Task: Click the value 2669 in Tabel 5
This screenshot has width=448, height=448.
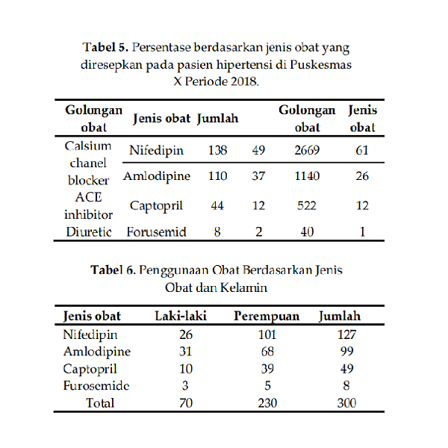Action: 307,151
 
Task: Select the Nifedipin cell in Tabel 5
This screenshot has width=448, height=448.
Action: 156,151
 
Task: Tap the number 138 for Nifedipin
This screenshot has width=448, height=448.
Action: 217,151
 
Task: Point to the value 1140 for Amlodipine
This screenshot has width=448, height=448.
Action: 307,177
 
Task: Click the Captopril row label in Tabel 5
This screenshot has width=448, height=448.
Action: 156,205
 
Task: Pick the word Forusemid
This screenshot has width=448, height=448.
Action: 155,231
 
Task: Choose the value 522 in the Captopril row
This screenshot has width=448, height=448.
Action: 307,205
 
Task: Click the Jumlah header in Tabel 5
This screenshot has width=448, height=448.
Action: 217,119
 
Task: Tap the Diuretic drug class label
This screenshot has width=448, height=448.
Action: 88,231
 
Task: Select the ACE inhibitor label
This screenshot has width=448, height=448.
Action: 88,205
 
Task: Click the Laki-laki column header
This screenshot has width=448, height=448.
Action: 180,316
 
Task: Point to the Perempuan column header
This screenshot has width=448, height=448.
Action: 267,317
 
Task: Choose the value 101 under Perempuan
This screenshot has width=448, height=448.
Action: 267,335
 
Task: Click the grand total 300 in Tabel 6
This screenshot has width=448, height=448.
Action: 345,403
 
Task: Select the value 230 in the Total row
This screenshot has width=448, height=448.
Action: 267,403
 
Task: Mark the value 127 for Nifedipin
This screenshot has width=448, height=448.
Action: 345,335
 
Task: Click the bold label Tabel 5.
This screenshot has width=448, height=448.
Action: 106,48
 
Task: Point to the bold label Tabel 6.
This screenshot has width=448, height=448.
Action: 113,270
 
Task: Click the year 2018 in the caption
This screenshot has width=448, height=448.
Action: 243,81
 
